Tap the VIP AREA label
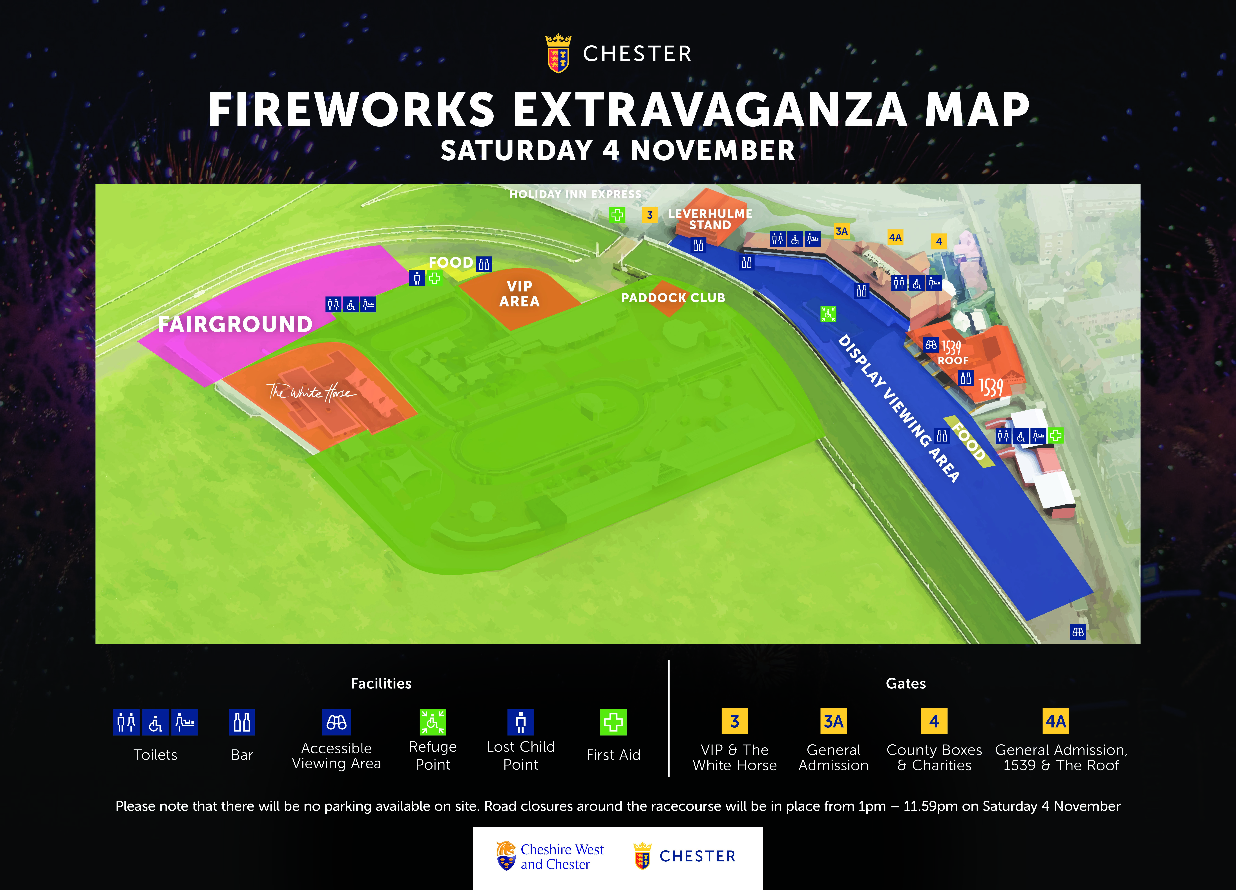[x=519, y=294]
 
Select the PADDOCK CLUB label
[x=673, y=298]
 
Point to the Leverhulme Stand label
[x=710, y=219]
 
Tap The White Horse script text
[x=311, y=392]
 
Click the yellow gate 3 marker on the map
[x=650, y=215]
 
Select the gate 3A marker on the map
[x=842, y=231]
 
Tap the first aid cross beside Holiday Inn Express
[x=617, y=215]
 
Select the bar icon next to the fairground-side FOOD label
[x=484, y=264]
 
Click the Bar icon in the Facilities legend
[x=242, y=722]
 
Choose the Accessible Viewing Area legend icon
[x=336, y=722]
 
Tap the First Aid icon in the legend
[x=613, y=722]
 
